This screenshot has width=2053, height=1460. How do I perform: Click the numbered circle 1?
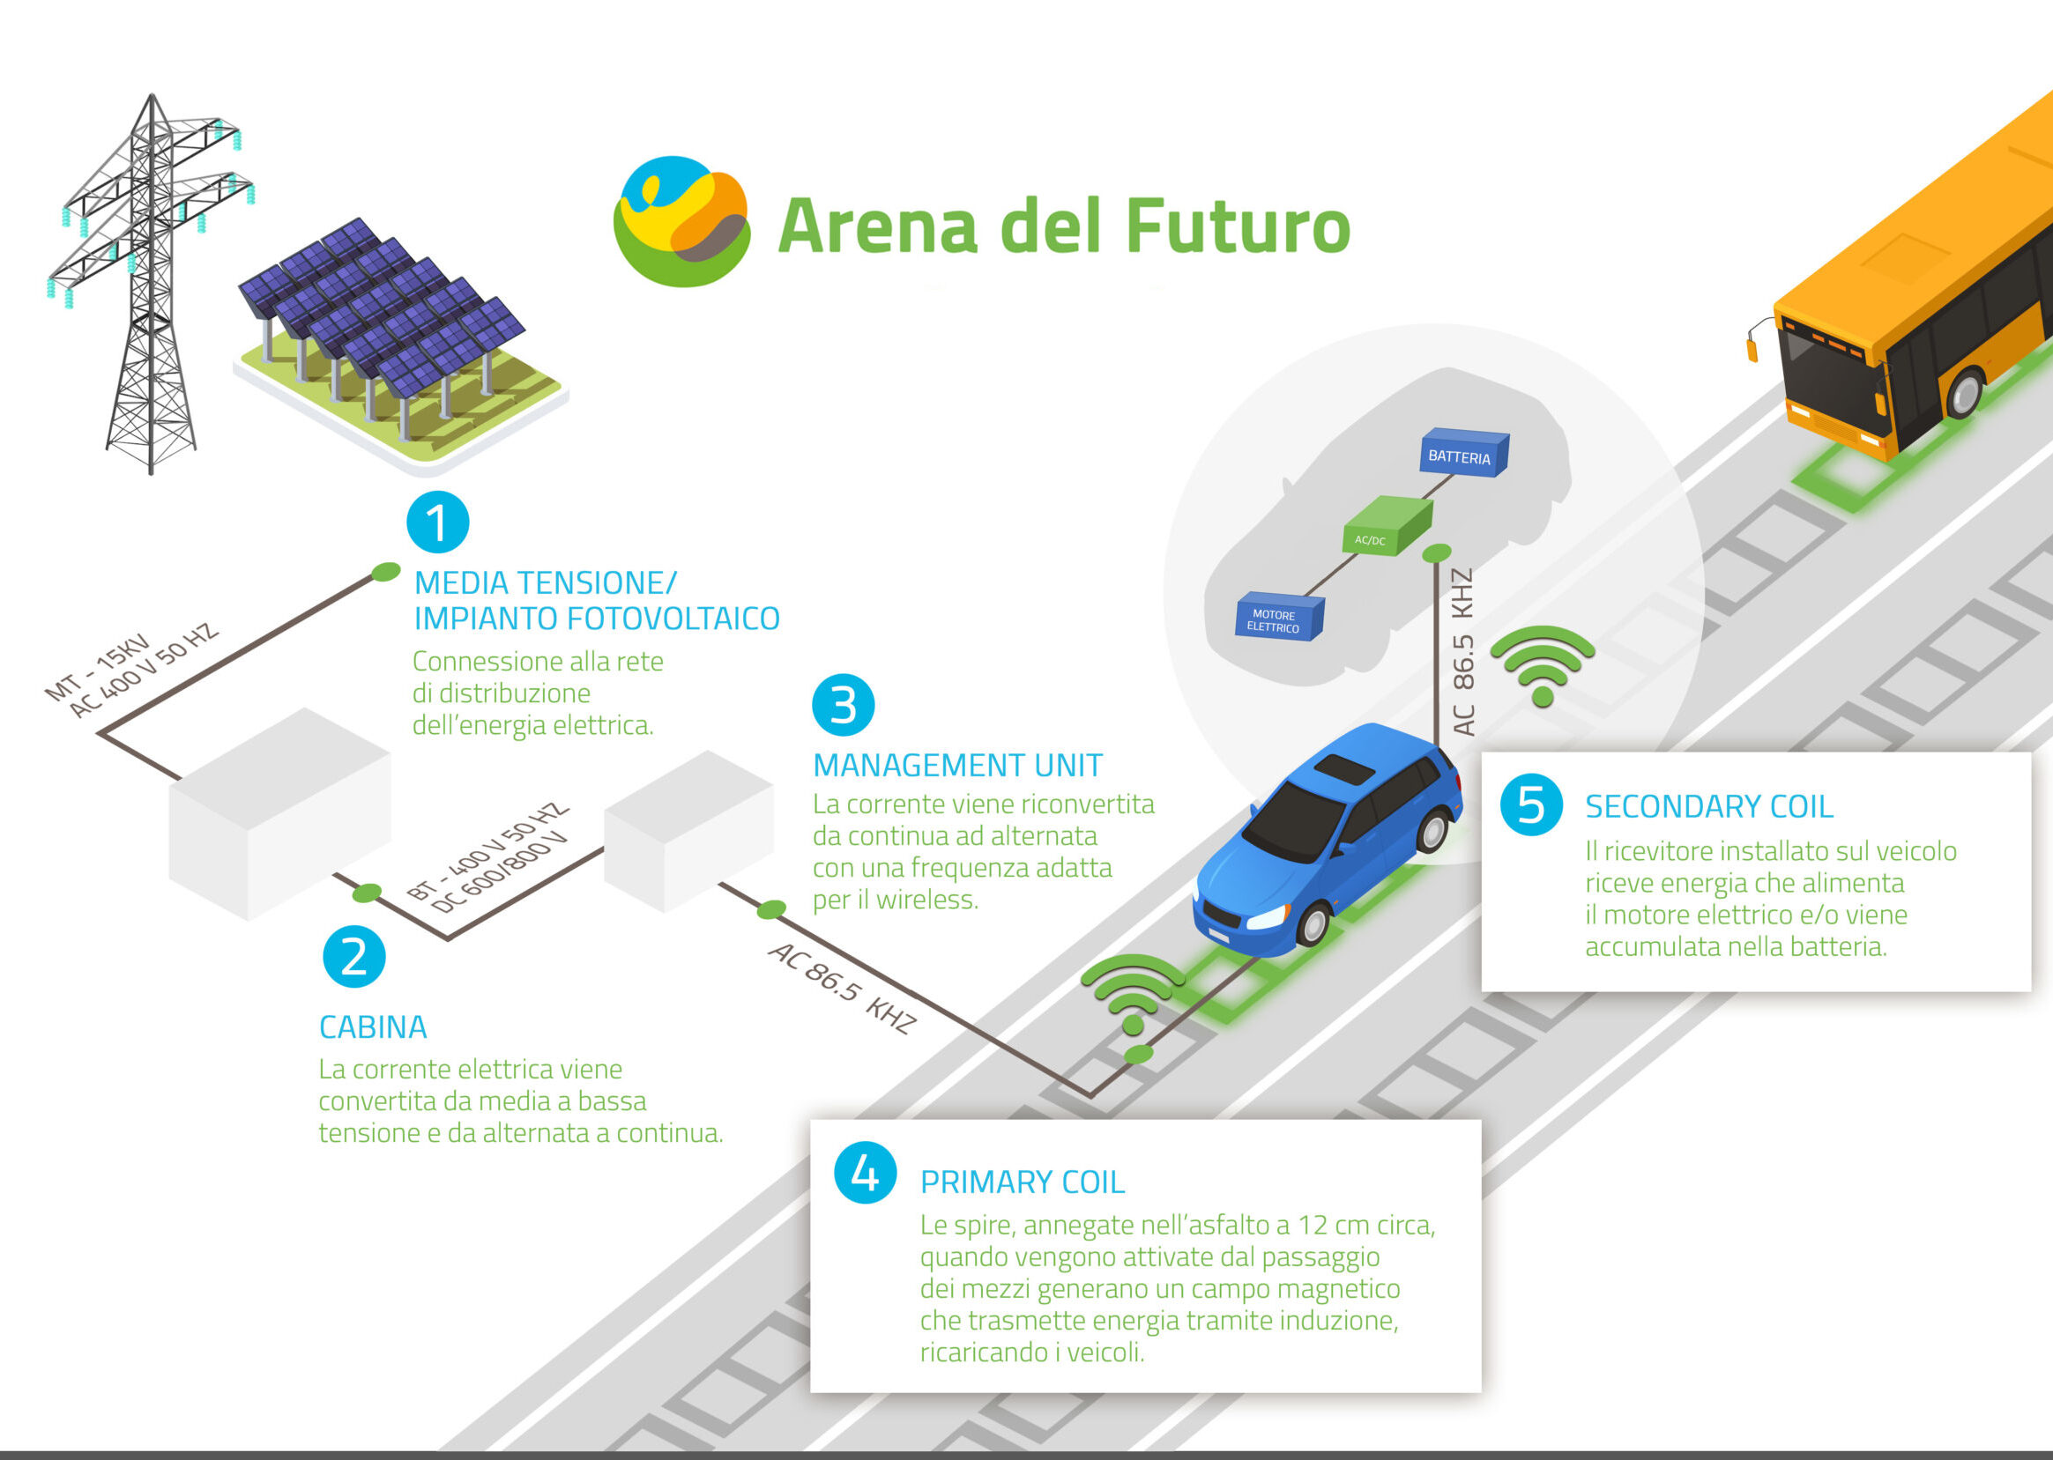click(x=438, y=522)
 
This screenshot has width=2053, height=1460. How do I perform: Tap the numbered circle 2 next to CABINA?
click(x=353, y=957)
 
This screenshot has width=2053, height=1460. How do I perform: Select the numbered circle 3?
click(x=843, y=705)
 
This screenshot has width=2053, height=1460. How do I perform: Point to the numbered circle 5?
click(x=1530, y=804)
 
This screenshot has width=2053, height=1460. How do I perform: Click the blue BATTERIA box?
click(x=1462, y=454)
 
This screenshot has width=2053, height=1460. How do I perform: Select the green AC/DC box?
click(x=1386, y=525)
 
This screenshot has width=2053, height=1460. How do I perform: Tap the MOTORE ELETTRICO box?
click(x=1278, y=618)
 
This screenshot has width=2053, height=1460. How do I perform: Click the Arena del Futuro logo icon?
click(x=681, y=222)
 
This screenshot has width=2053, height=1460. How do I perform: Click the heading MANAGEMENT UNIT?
click(x=956, y=766)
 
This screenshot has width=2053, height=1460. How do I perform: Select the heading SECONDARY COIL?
click(x=1707, y=807)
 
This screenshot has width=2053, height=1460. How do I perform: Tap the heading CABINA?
click(x=372, y=1027)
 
